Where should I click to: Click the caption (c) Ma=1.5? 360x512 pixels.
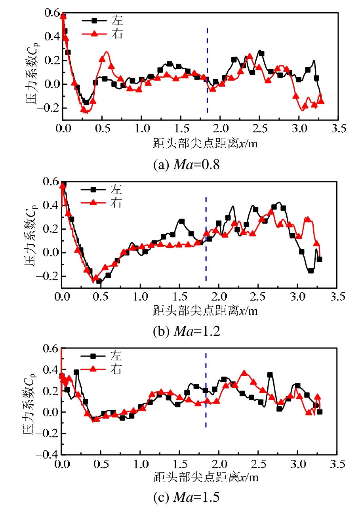[x=186, y=498]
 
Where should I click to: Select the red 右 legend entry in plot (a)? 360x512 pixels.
[x=103, y=34]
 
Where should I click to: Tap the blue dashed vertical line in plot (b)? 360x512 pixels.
[x=206, y=238]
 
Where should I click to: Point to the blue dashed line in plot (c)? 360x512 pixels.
[x=206, y=390]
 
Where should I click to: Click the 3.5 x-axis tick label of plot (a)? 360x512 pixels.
[x=337, y=129]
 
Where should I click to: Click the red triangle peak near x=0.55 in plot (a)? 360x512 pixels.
[x=106, y=53]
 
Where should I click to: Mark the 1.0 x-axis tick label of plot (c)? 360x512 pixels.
[x=140, y=464]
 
